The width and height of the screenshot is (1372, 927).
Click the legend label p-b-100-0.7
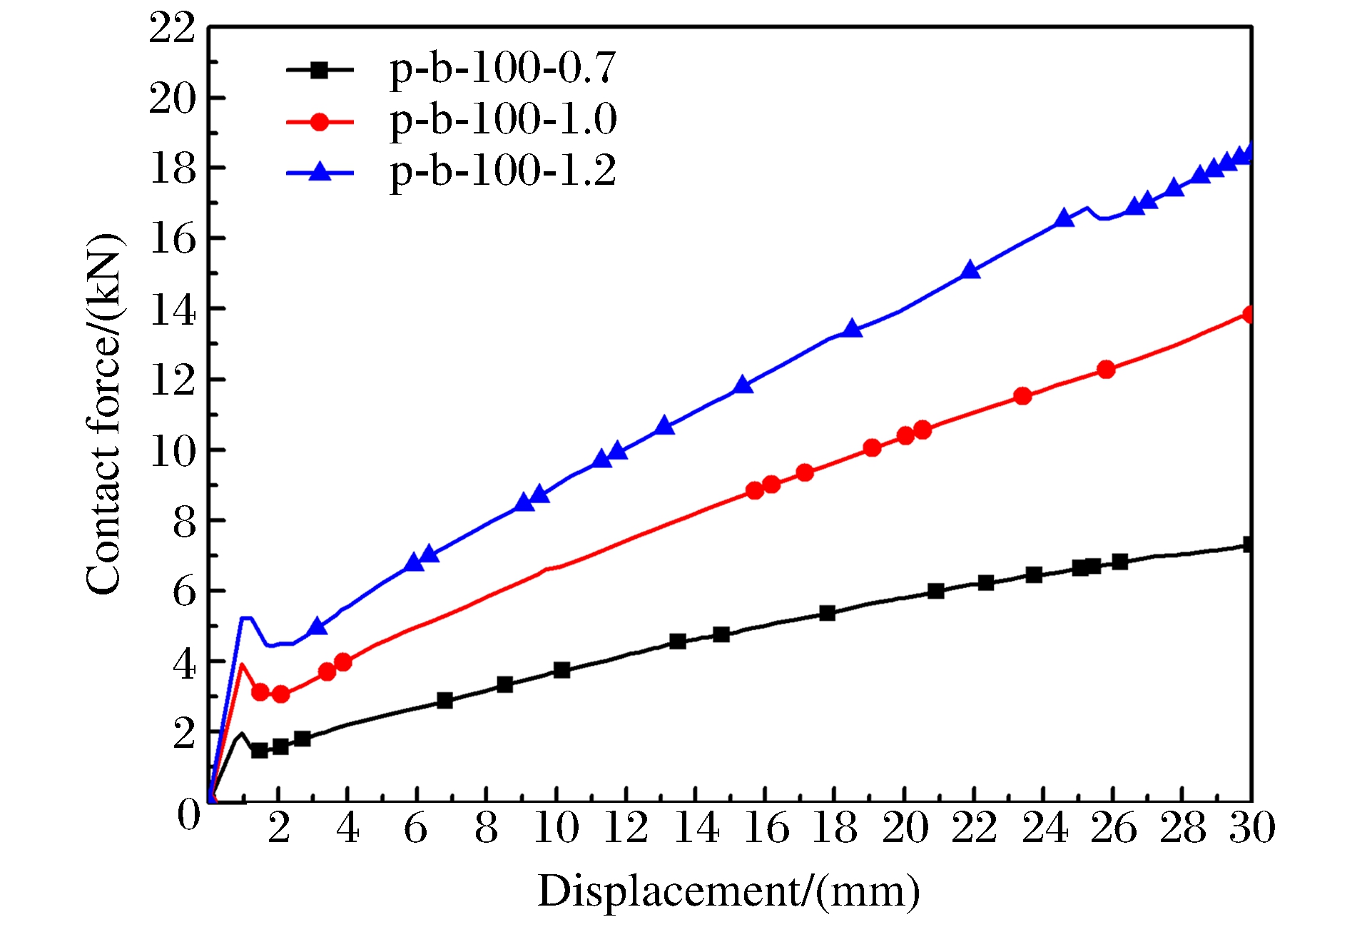pyautogui.click(x=502, y=69)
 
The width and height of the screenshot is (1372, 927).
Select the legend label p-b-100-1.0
pyautogui.click(x=503, y=120)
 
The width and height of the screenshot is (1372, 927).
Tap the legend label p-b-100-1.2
pyautogui.click(x=503, y=171)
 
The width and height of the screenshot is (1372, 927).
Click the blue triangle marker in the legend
pyautogui.click(x=320, y=172)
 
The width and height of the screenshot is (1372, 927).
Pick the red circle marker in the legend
pyautogui.click(x=320, y=122)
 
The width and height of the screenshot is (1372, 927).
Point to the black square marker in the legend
pyautogui.click(x=320, y=70)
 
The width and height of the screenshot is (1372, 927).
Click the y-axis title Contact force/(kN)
pyautogui.click(x=104, y=414)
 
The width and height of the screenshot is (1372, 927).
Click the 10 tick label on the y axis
pyautogui.click(x=172, y=452)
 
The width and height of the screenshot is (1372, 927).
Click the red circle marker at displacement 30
pyautogui.click(x=1249, y=314)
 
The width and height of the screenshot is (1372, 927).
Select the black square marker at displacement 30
pyautogui.click(x=1249, y=544)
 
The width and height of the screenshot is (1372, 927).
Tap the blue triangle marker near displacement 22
pyautogui.click(x=970, y=270)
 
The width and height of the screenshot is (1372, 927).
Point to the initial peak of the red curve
pyautogui.click(x=242, y=664)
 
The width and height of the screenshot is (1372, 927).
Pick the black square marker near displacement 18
pyautogui.click(x=827, y=613)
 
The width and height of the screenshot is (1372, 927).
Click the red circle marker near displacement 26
pyautogui.click(x=1106, y=370)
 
